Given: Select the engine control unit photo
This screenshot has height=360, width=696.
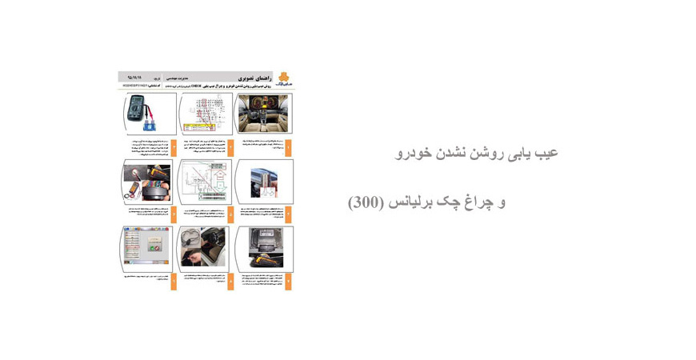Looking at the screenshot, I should (265, 246).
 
